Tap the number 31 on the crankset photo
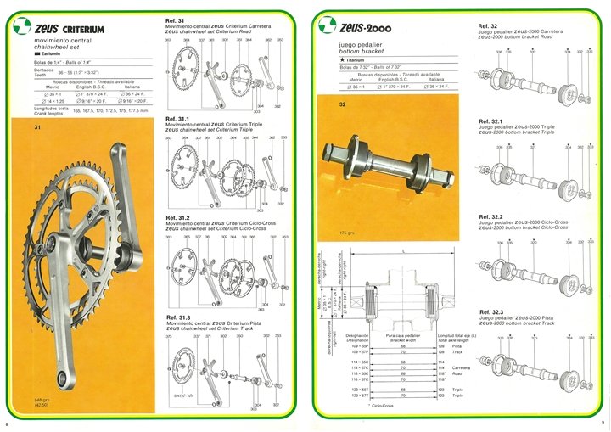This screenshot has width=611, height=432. tap(37, 127)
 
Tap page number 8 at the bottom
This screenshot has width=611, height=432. tap(8, 424)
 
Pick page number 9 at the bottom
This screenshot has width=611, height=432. tap(602, 424)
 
